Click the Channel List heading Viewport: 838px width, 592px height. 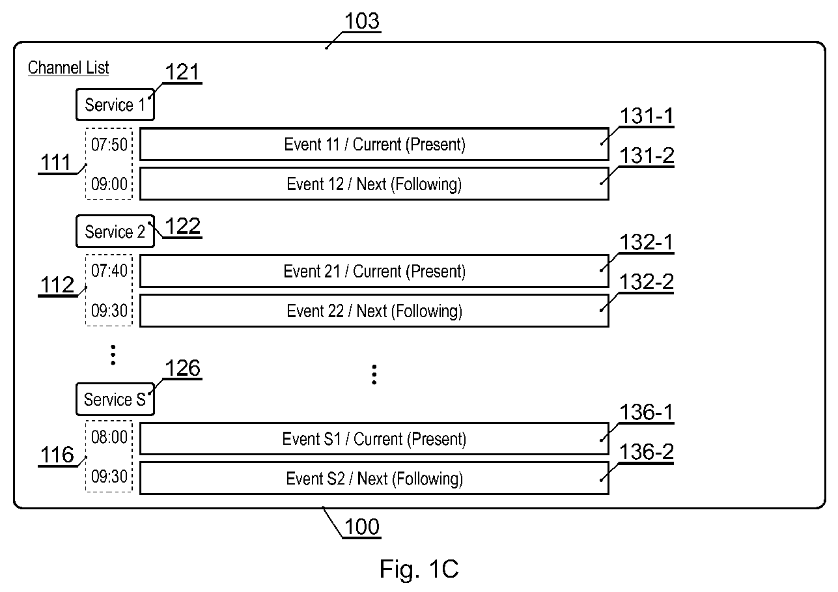(68, 68)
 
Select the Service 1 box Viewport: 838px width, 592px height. (115, 105)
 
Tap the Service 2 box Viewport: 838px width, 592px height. (115, 231)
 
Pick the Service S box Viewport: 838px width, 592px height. (115, 399)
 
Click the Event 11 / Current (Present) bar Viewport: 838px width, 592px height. (374, 145)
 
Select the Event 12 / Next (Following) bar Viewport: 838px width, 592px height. (374, 184)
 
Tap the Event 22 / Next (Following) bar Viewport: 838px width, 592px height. (374, 311)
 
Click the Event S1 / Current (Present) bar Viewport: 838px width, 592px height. (374, 439)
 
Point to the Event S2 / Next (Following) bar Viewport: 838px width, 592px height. (374, 479)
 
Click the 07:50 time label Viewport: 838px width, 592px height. (109, 145)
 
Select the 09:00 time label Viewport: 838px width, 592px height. (109, 184)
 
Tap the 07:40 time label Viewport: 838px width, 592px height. (109, 271)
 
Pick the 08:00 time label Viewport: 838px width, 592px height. (109, 437)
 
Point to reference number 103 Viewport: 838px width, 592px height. (362, 21)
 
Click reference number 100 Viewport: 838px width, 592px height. (362, 527)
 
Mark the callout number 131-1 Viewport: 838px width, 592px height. (647, 116)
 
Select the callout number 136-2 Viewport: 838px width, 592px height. (647, 452)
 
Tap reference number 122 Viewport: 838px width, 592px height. (183, 227)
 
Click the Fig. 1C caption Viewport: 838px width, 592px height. (419, 569)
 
